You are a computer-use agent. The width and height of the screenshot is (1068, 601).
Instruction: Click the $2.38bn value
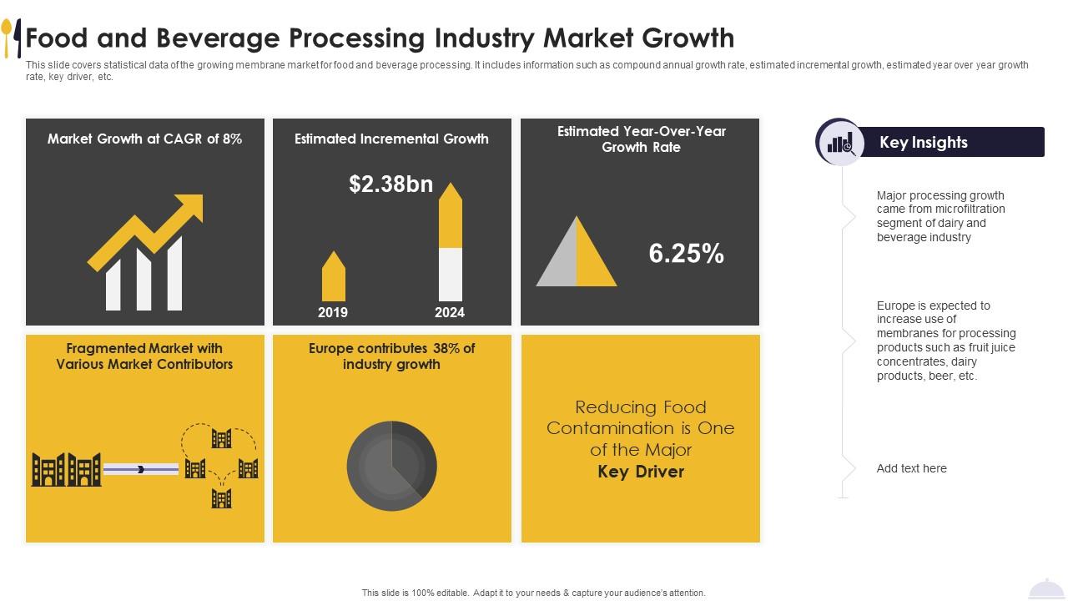[x=390, y=184]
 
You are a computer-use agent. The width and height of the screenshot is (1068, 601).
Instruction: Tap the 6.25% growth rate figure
[x=686, y=254]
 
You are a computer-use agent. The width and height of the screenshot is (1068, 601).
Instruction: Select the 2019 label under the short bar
[x=333, y=312]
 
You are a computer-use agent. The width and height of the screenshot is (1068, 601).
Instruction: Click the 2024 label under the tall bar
[x=450, y=312]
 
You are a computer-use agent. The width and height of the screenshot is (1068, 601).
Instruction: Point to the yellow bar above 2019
[x=334, y=277]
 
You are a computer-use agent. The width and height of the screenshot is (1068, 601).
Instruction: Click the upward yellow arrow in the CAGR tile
[x=147, y=231]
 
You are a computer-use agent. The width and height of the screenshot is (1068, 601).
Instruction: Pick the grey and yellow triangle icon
[x=577, y=253]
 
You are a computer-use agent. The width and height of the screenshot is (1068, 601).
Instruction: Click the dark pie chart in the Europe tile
[x=391, y=466]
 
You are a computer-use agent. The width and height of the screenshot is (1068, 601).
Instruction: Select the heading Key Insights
[x=923, y=142]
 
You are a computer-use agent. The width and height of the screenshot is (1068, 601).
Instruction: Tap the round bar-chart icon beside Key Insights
[x=839, y=142]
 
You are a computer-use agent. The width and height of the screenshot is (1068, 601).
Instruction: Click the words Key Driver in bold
[x=641, y=472]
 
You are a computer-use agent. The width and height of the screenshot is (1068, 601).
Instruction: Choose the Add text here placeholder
[x=911, y=468]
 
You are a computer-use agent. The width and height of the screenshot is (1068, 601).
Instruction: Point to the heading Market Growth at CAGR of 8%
[x=144, y=139]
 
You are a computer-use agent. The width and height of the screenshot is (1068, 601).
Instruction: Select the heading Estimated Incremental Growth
[x=391, y=139]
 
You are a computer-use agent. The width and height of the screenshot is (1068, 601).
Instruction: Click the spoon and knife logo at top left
[x=12, y=38]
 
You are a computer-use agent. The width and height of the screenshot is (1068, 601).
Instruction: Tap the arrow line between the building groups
[x=141, y=469]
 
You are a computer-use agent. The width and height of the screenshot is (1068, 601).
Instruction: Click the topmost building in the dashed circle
[x=221, y=438]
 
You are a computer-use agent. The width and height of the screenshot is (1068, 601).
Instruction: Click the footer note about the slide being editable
[x=533, y=593]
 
